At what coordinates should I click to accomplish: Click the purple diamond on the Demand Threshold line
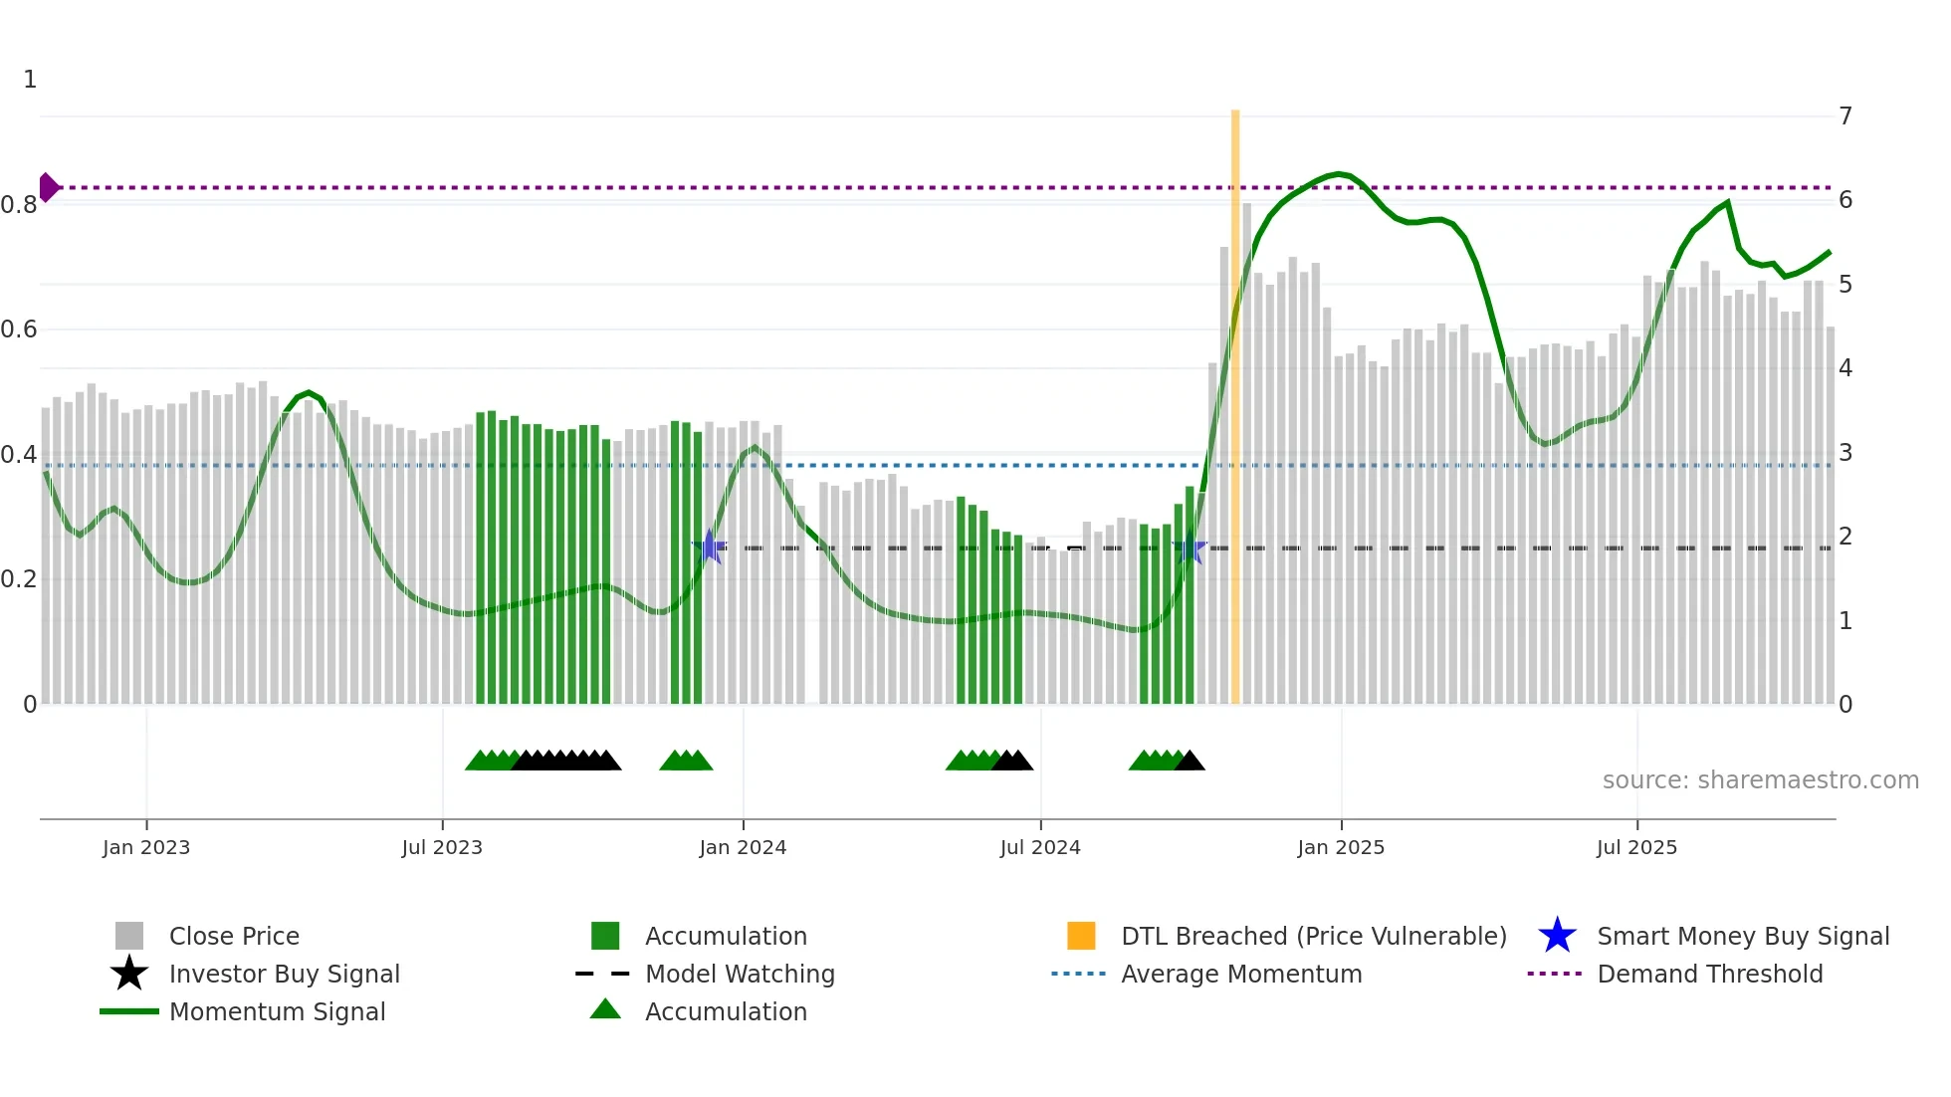pyautogui.click(x=48, y=187)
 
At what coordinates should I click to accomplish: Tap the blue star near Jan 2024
pyautogui.click(x=710, y=547)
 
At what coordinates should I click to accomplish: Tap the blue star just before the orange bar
pyautogui.click(x=1191, y=548)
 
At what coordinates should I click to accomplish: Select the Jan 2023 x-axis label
pyautogui.click(x=146, y=847)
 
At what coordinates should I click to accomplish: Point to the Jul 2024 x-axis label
pyautogui.click(x=1040, y=847)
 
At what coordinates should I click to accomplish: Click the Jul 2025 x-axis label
pyautogui.click(x=1636, y=847)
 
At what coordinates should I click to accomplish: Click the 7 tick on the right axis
pyautogui.click(x=1845, y=116)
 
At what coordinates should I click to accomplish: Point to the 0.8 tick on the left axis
pyautogui.click(x=20, y=205)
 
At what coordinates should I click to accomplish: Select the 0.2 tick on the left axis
pyautogui.click(x=20, y=579)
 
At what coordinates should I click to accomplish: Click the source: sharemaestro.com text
pyautogui.click(x=1760, y=780)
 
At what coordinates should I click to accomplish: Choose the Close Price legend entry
pyautogui.click(x=234, y=936)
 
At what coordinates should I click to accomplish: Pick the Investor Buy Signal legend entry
pyautogui.click(x=284, y=974)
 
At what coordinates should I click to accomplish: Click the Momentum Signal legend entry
pyautogui.click(x=277, y=1011)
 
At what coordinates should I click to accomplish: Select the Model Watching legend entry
pyautogui.click(x=740, y=974)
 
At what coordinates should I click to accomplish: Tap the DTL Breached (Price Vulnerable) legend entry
pyautogui.click(x=1313, y=936)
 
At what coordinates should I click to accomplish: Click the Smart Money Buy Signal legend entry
pyautogui.click(x=1742, y=936)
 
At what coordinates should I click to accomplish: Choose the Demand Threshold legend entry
pyautogui.click(x=1709, y=974)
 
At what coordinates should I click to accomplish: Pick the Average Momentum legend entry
pyautogui.click(x=1241, y=974)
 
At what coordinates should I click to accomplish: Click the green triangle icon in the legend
pyautogui.click(x=605, y=1009)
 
